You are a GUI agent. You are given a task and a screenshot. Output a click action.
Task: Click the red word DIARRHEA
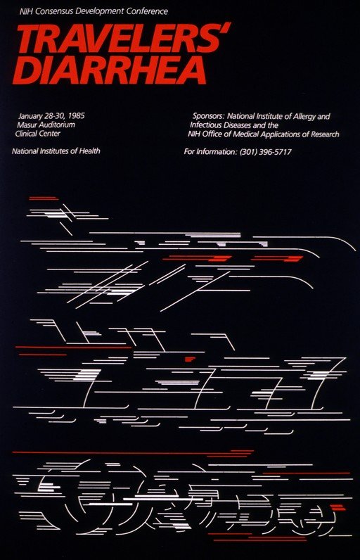(x=110, y=70)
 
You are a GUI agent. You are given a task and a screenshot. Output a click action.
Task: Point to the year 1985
(x=76, y=116)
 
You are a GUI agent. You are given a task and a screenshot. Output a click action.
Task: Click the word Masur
(x=26, y=125)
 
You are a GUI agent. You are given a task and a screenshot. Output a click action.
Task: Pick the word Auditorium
(x=56, y=125)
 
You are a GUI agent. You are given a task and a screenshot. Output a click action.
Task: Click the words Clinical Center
(x=38, y=134)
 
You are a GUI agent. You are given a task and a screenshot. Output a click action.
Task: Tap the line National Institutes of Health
(x=56, y=151)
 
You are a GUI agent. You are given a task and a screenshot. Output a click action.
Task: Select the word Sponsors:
(x=208, y=116)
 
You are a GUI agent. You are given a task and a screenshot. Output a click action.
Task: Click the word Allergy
(x=302, y=116)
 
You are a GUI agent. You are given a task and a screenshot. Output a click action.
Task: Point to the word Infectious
(x=206, y=125)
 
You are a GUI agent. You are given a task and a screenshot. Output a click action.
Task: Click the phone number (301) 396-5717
(x=266, y=152)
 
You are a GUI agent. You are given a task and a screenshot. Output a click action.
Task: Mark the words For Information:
(x=210, y=152)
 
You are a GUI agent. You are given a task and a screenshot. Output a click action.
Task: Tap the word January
(x=31, y=116)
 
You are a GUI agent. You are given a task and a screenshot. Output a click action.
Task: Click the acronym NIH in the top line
(x=27, y=11)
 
